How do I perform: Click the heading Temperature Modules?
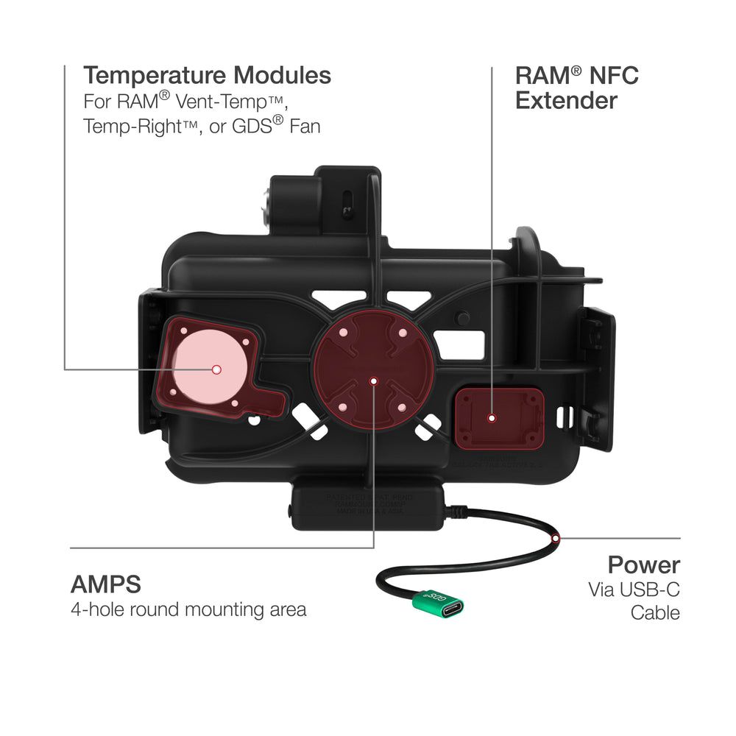[207, 75]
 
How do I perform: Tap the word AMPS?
[106, 584]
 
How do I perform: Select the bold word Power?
[643, 565]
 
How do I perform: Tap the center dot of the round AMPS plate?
[373, 381]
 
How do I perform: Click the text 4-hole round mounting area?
[188, 610]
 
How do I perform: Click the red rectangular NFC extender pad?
[500, 418]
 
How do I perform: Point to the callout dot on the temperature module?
[216, 369]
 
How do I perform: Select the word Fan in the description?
[305, 126]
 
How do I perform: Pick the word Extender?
[566, 100]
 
